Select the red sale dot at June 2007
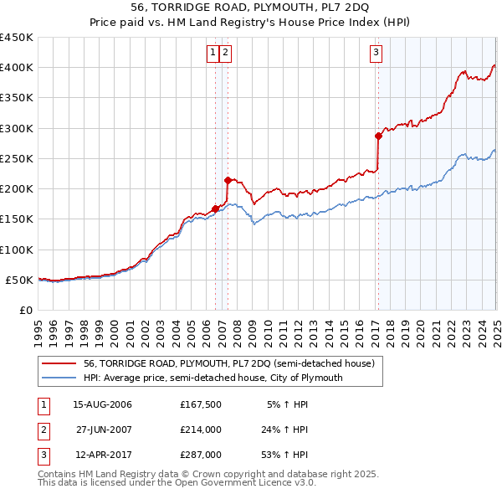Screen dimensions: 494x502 point(228,179)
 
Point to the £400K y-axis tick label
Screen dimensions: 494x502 point(16,68)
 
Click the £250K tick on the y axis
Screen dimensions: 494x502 point(16,158)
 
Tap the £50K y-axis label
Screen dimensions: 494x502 point(19,280)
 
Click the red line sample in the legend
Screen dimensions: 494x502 point(59,363)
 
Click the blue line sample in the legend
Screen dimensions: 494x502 point(59,378)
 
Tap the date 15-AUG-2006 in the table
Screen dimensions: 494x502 point(102,404)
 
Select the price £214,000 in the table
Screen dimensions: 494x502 point(200,430)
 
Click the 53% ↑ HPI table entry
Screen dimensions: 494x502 point(286,456)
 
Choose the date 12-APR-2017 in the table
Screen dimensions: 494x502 point(102,456)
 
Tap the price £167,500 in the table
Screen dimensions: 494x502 point(200,404)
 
